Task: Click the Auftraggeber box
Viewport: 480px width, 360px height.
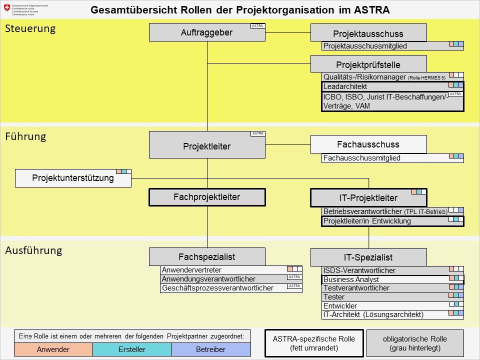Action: [x=207, y=32]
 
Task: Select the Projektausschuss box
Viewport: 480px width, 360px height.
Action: [x=368, y=33]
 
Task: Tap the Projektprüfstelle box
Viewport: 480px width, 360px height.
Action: [x=368, y=64]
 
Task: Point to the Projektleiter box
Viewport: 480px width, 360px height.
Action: [x=207, y=145]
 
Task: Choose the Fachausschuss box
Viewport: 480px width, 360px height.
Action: [x=368, y=144]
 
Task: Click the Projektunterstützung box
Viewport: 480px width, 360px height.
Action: [x=73, y=178]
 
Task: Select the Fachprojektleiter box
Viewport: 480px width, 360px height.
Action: [x=207, y=197]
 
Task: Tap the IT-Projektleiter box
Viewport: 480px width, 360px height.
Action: [x=368, y=198]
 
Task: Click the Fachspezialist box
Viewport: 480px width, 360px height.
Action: [x=207, y=257]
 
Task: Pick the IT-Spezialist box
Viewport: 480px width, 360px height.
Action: [x=368, y=257]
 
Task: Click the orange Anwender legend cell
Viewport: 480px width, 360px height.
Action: [x=53, y=349]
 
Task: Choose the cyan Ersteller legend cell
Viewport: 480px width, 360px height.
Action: [x=132, y=349]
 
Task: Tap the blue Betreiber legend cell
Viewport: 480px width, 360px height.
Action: [x=210, y=349]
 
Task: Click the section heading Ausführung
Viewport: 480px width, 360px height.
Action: [x=33, y=250]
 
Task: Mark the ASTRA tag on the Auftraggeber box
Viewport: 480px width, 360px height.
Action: [x=257, y=26]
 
